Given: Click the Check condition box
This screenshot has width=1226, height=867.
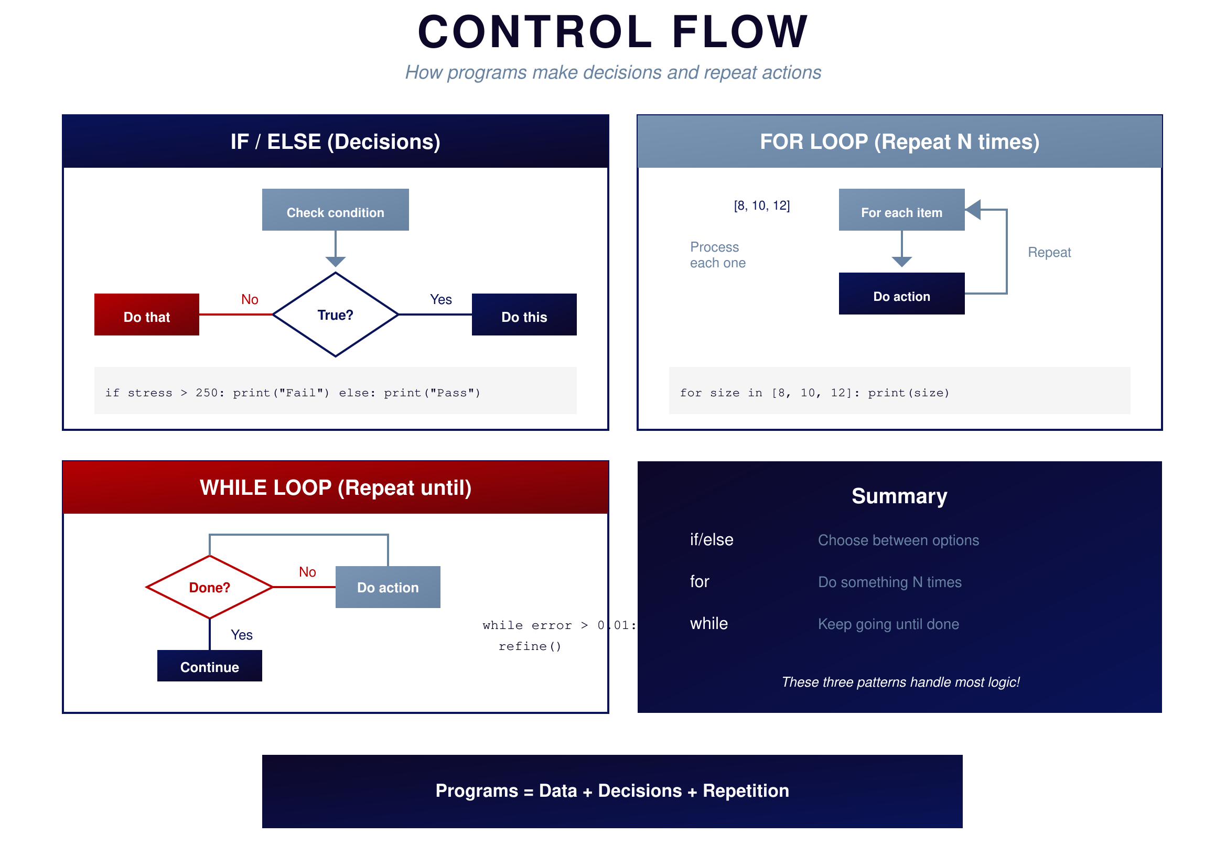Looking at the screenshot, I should point(335,210).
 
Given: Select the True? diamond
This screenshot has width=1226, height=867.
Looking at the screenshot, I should point(335,315).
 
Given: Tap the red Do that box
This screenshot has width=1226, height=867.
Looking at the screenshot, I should point(147,315).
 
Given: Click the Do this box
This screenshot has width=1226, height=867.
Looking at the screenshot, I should point(524,315).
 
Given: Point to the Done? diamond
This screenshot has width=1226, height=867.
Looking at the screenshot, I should point(209,587).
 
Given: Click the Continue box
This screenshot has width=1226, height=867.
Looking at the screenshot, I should point(209,666).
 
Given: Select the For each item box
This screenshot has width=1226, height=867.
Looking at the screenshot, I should point(901,210).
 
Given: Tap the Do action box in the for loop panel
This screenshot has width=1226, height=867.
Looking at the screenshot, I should point(901,294).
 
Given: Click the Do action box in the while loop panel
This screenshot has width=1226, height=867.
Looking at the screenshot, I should point(388,587).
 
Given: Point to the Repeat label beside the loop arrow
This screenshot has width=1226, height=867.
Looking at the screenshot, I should point(1049,253).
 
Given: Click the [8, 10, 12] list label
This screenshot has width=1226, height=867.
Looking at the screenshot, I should point(761,205).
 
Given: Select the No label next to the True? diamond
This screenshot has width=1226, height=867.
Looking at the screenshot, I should point(250,299).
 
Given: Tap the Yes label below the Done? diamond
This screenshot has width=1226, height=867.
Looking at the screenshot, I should point(241,635).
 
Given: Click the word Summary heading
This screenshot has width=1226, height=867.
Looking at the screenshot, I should point(899,496).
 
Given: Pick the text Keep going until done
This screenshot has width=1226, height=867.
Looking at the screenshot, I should point(888,624).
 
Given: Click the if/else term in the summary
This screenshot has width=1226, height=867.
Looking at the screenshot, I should point(711,540).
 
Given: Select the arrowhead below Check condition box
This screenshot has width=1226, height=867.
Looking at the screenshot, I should point(335,262).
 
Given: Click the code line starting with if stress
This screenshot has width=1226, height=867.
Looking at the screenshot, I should point(293,393).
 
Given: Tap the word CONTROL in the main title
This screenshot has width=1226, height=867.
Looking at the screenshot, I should point(534,32).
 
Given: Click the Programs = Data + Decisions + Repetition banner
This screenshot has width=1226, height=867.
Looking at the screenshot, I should point(612,791).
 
